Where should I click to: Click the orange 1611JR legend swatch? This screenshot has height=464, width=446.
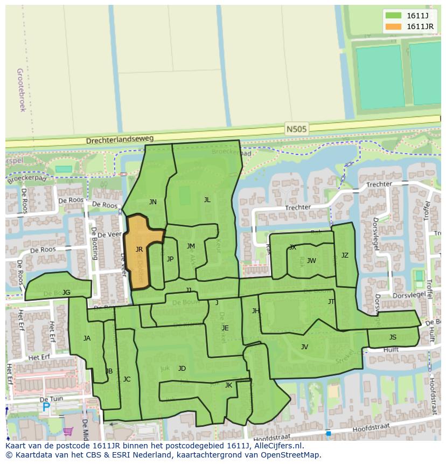click(393, 26)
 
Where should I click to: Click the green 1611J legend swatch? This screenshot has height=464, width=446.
click(393, 15)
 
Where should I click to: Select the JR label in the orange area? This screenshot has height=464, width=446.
click(139, 250)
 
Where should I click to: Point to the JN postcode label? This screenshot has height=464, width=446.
click(153, 202)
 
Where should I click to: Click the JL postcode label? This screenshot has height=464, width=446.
click(207, 199)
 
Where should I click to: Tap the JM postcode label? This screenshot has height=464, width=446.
click(191, 246)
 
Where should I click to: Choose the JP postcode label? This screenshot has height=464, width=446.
click(170, 259)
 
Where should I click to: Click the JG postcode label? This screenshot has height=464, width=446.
click(66, 293)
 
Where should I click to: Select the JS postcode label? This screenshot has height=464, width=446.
click(393, 337)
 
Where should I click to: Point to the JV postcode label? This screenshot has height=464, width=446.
click(304, 347)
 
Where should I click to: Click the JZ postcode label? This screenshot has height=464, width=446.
click(345, 255)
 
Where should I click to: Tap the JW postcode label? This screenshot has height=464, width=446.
click(311, 261)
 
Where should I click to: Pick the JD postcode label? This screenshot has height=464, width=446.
click(182, 369)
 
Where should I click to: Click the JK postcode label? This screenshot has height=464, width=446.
click(228, 385)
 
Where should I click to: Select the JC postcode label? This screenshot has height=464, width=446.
click(127, 379)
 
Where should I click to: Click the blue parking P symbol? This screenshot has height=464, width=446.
click(46, 408)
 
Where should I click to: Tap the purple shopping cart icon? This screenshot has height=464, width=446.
click(68, 431)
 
